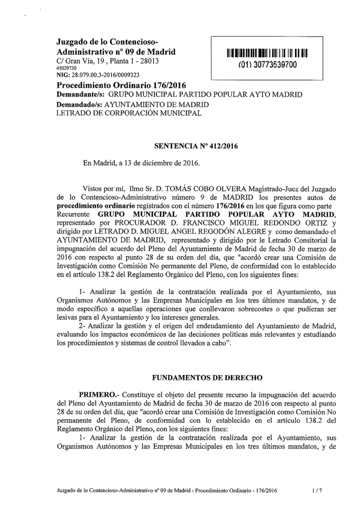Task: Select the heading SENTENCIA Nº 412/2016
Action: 196,146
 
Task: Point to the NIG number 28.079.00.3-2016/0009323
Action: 98,75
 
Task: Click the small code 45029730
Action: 67,68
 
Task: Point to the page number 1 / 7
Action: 317,490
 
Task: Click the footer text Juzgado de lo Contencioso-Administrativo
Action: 114,490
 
